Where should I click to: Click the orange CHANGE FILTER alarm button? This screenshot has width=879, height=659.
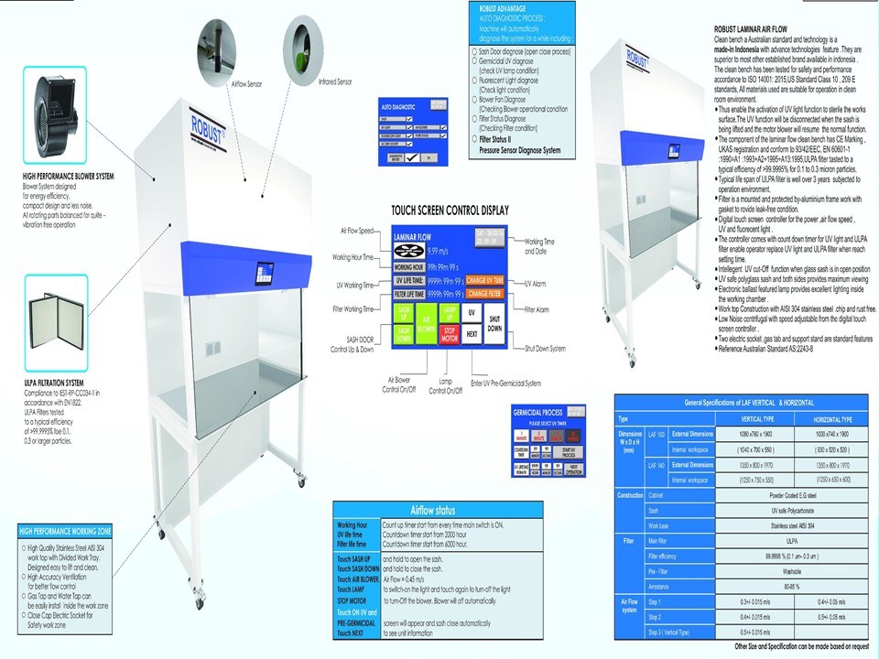pos(484,294)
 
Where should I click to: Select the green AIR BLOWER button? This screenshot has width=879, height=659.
pos(426,322)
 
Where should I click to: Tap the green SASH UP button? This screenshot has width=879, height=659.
pos(404,312)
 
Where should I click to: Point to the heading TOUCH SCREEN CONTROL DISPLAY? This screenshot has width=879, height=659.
pos(450,211)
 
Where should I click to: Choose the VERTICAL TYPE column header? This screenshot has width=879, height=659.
pos(757,418)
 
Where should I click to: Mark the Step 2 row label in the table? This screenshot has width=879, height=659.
pos(655,618)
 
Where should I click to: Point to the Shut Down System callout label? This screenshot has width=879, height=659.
pos(545,349)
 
